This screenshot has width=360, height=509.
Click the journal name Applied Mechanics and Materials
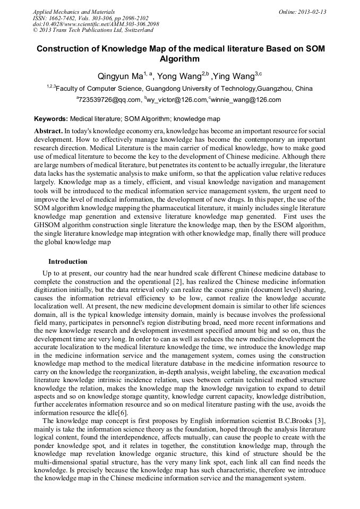pyautogui.click(x=74, y=12)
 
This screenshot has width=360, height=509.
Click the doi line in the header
pyautogui.click(x=96, y=24)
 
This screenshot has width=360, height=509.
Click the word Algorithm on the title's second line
pyautogui.click(x=179, y=59)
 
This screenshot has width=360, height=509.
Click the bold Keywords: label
pyautogui.click(x=51, y=119)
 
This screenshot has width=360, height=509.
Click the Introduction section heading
pyautogui.click(x=67, y=262)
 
